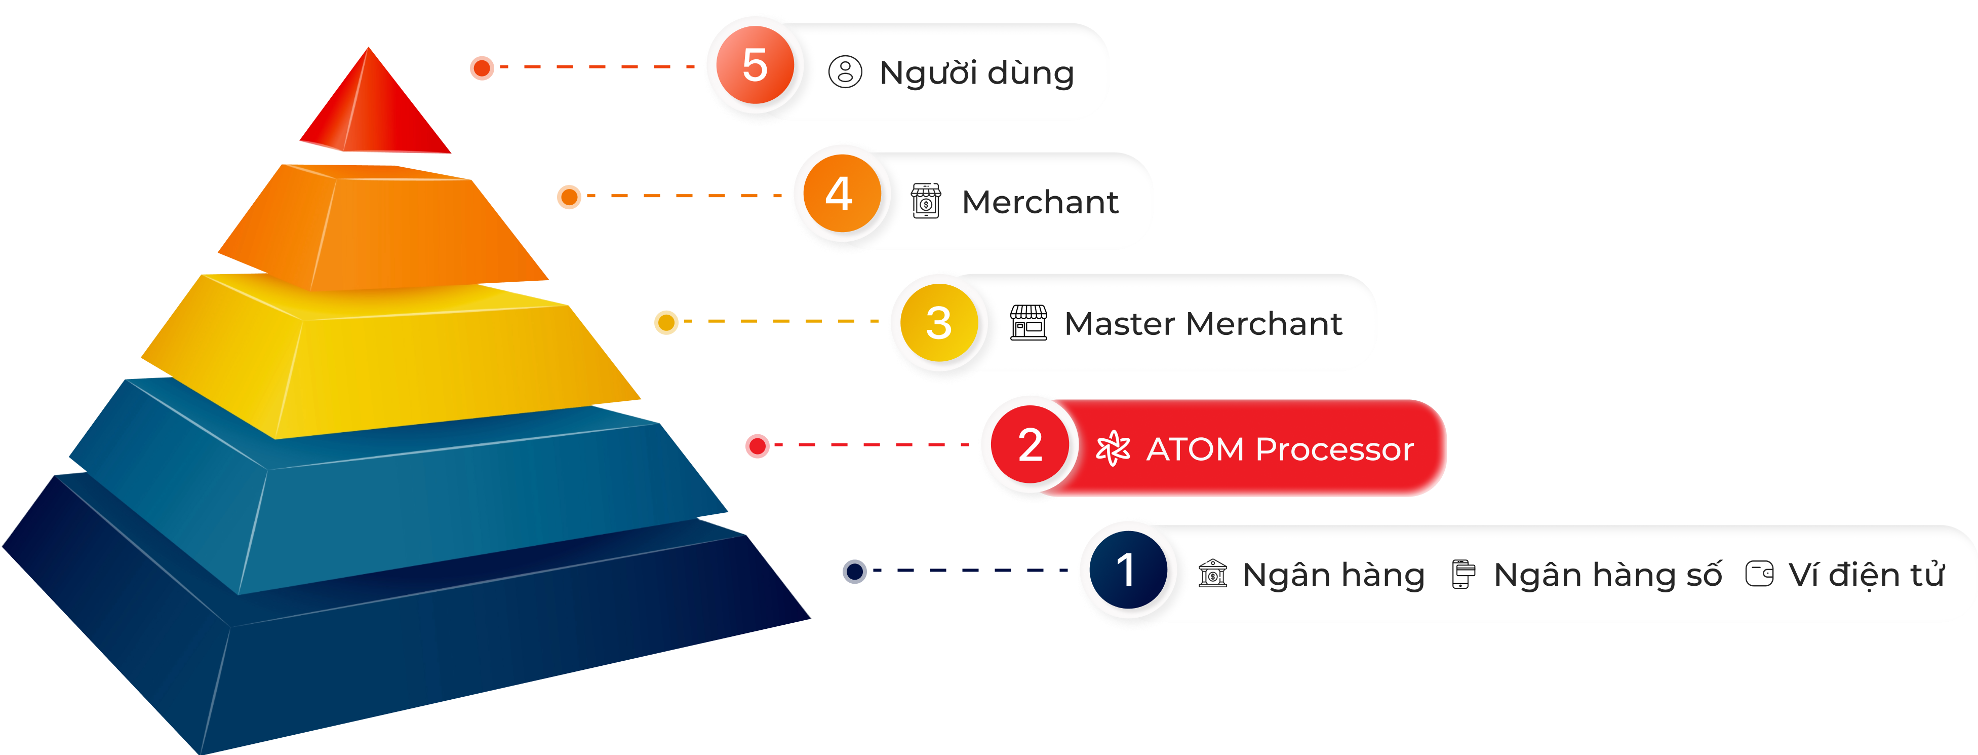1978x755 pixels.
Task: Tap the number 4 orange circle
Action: (842, 194)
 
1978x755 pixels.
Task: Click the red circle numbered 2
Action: (1030, 445)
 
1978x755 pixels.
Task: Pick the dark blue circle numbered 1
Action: (1127, 570)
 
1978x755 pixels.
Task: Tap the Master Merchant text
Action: (1203, 323)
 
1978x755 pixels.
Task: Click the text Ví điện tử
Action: (1866, 575)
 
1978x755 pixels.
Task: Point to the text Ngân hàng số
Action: (1607, 575)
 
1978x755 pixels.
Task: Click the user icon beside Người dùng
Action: (845, 72)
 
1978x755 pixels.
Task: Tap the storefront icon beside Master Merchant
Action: (1028, 323)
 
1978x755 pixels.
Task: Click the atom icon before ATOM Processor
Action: (1113, 448)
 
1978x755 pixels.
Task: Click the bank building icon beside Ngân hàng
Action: (1212, 573)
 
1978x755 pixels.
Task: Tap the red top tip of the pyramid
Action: (372, 107)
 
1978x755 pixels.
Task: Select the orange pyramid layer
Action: (384, 231)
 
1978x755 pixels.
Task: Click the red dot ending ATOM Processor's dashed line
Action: (757, 445)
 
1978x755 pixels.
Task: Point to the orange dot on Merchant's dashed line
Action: (569, 197)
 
